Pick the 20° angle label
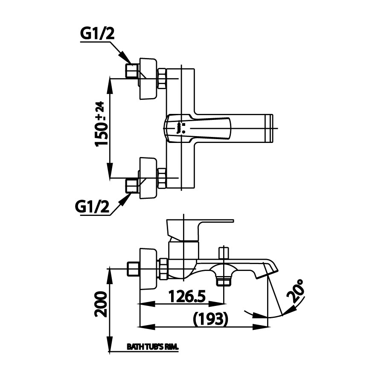(297, 291)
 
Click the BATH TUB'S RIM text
(152, 347)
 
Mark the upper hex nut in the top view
(162, 79)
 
